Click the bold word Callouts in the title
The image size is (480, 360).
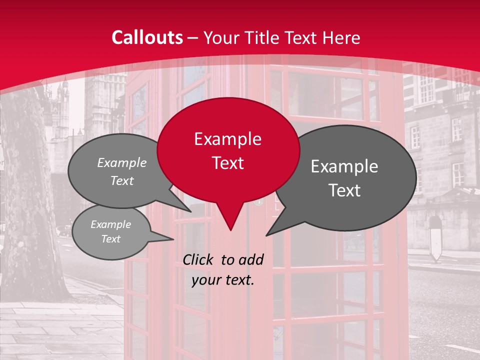147,37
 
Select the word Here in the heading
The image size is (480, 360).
341,37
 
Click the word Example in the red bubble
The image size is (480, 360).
227,139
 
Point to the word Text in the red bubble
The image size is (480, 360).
227,163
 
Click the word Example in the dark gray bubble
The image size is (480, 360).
344,166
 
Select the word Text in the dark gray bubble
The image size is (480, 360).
344,190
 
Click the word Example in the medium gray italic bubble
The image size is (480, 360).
121,162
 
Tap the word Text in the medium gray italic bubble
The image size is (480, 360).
121,180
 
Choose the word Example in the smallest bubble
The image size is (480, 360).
110,224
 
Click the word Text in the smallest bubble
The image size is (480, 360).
110,239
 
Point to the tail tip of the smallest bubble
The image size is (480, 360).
172,239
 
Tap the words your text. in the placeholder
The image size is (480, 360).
222,280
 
